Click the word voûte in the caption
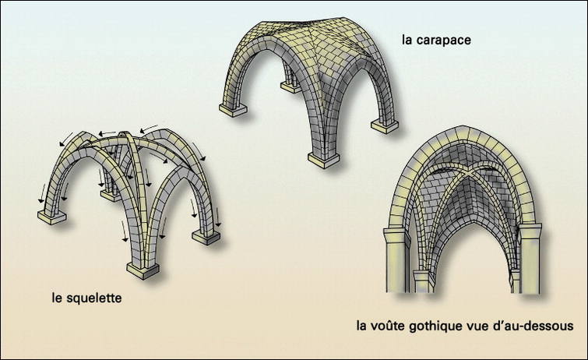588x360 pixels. point(387,325)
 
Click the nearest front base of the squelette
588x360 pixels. point(142,269)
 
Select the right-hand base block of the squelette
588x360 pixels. point(206,237)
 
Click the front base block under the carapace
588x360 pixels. point(322,158)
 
